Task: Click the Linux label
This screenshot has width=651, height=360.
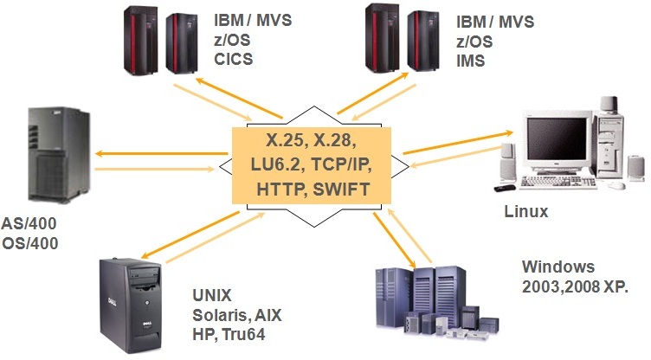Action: pyautogui.click(x=526, y=211)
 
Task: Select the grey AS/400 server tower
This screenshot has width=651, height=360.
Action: pyautogui.click(x=57, y=156)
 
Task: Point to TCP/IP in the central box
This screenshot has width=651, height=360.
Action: pyautogui.click(x=339, y=166)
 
